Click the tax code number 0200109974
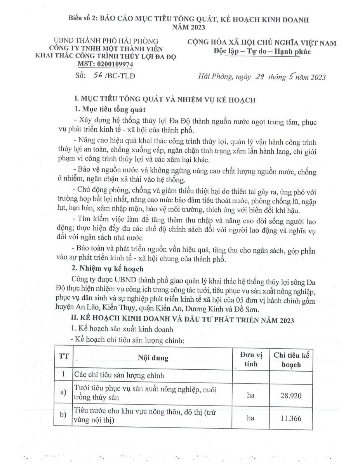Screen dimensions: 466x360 click(x=116, y=64)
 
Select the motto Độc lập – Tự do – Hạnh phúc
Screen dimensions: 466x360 click(x=262, y=52)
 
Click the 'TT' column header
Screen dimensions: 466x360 click(x=63, y=356)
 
